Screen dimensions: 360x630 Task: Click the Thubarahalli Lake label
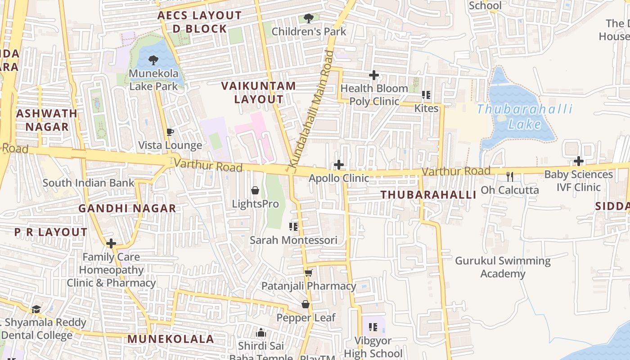click(x=524, y=116)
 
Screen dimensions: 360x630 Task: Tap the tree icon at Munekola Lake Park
click(x=153, y=60)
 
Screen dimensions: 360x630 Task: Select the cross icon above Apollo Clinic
click(x=339, y=165)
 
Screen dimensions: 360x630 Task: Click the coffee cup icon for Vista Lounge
click(x=170, y=132)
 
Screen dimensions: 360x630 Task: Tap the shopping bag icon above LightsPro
click(x=255, y=190)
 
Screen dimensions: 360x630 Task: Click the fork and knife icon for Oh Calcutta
click(x=510, y=176)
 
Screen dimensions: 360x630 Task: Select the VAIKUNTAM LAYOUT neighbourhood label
click(x=259, y=92)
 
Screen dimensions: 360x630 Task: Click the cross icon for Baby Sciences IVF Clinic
click(x=579, y=161)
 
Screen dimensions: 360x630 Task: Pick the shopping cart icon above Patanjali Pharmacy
click(x=308, y=273)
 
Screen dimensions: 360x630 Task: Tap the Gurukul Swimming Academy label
click(x=503, y=267)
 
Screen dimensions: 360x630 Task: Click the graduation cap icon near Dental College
click(x=36, y=309)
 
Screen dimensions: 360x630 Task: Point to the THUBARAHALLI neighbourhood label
click(x=428, y=195)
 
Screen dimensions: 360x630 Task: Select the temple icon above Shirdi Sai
click(x=261, y=333)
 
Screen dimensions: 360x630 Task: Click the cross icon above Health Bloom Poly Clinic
click(x=373, y=75)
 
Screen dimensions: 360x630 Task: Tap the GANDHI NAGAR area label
click(x=127, y=208)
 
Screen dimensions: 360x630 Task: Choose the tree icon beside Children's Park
click(x=308, y=18)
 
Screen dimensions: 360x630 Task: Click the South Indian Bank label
click(x=89, y=183)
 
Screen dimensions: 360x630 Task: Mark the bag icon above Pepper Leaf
click(x=306, y=305)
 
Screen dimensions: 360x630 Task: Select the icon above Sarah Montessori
click(x=293, y=226)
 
